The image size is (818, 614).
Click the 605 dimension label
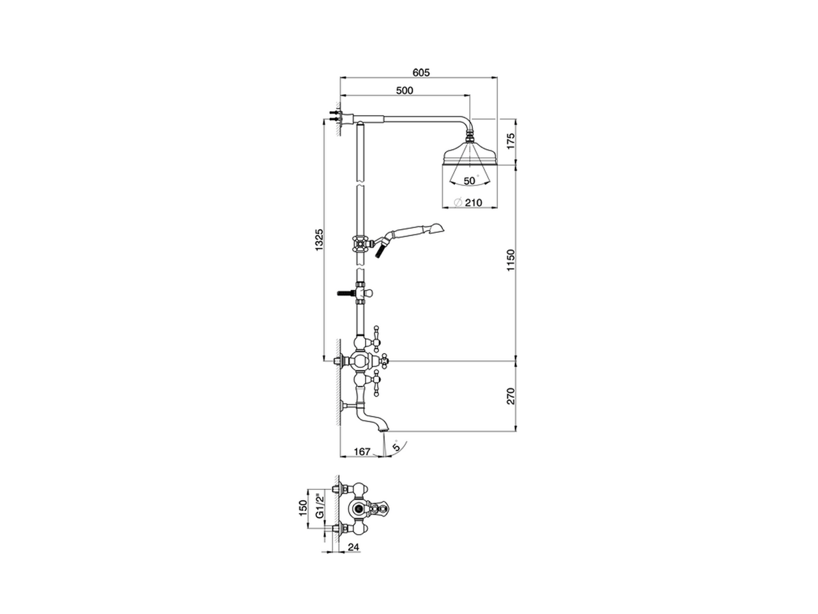point(419,72)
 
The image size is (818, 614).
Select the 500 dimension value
point(405,91)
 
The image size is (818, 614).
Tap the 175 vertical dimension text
point(509,142)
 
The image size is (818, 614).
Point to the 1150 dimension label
point(509,261)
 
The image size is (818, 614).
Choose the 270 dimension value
point(509,396)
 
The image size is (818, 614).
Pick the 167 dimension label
point(362,452)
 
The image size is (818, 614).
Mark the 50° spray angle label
point(470,181)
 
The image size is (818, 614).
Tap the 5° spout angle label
point(397,446)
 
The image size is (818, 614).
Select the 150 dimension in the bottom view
point(304,510)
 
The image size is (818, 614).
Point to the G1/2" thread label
point(318,510)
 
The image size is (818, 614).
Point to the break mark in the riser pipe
point(360,185)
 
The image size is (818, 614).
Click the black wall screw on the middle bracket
point(344,294)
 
